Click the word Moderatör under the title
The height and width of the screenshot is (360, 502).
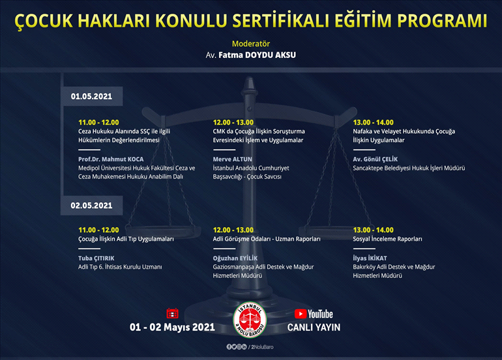[251, 44]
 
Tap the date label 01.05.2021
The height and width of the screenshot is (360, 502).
[92, 97]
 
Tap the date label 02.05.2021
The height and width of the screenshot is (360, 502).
[92, 205]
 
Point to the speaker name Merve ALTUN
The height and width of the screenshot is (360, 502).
[233, 158]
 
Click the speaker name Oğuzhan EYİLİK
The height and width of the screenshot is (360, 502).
[238, 258]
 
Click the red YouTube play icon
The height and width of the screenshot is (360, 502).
[301, 314]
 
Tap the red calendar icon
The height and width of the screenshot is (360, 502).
[173, 313]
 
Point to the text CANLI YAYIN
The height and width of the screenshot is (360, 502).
[314, 327]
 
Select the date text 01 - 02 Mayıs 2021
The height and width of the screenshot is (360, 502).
[173, 327]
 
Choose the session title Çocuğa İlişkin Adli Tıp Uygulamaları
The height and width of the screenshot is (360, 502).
[126, 239]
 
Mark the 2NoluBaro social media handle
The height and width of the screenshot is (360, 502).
[266, 347]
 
